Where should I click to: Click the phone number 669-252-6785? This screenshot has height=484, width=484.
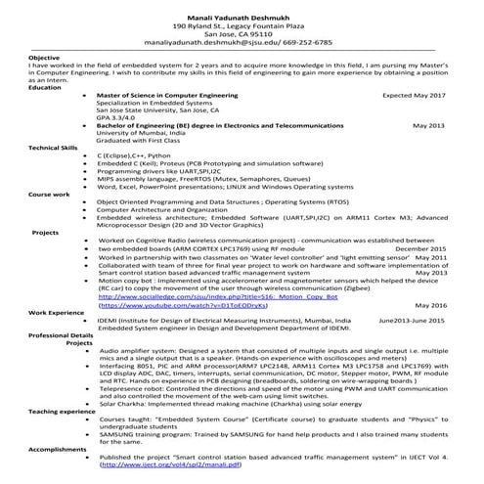tap(304, 42)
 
